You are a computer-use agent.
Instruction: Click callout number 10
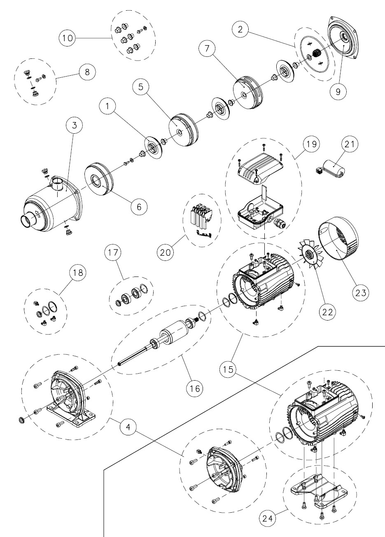point(67,38)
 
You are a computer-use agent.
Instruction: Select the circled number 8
point(87,72)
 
